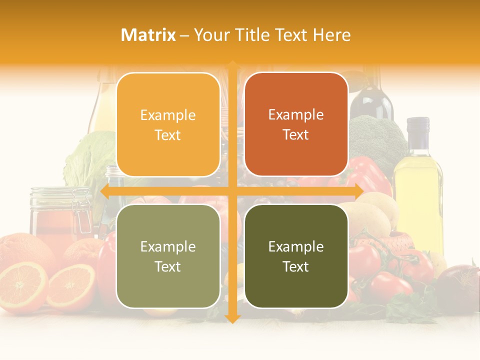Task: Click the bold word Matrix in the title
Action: (x=148, y=35)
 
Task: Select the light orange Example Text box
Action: (x=168, y=125)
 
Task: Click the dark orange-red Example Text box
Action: (x=296, y=125)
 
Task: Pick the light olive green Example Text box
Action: (x=168, y=256)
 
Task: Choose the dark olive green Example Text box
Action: (x=296, y=256)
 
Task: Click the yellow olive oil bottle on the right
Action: (x=418, y=190)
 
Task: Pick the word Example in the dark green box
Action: (x=296, y=246)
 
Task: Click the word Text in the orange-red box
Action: (x=296, y=135)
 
